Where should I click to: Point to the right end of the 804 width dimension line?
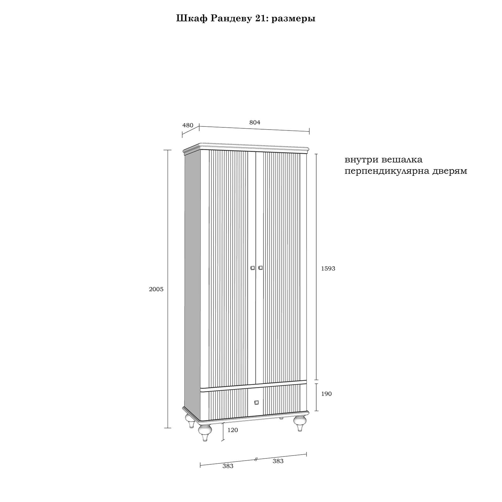309,131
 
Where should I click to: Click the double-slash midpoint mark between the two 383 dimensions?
256,459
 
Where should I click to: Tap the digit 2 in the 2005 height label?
151,289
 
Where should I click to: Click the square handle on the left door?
253,268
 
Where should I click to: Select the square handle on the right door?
260,268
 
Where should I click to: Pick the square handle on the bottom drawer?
256,402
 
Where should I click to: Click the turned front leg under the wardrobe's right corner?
300,424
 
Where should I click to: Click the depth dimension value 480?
188,125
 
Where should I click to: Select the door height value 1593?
328,269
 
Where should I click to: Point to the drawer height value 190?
326,394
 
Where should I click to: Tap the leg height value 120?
232,430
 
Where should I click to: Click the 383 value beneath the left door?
228,466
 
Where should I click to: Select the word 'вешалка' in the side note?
402,160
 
